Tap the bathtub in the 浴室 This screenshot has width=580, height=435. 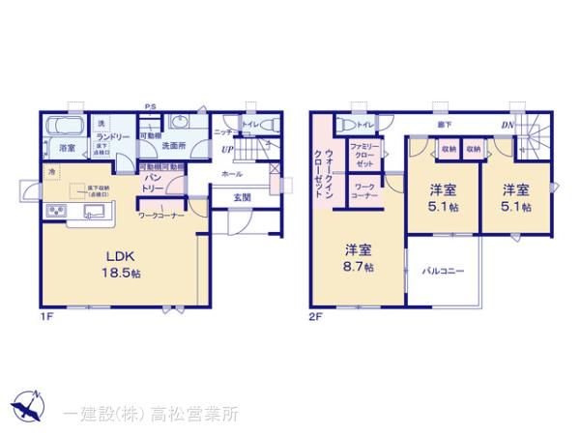(x=65, y=127)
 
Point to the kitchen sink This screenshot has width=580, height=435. (x=94, y=214)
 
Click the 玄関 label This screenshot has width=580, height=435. (x=243, y=198)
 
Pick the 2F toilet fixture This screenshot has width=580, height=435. (x=345, y=124)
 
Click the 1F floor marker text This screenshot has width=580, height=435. (x=45, y=315)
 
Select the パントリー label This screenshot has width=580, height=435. (x=153, y=184)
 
